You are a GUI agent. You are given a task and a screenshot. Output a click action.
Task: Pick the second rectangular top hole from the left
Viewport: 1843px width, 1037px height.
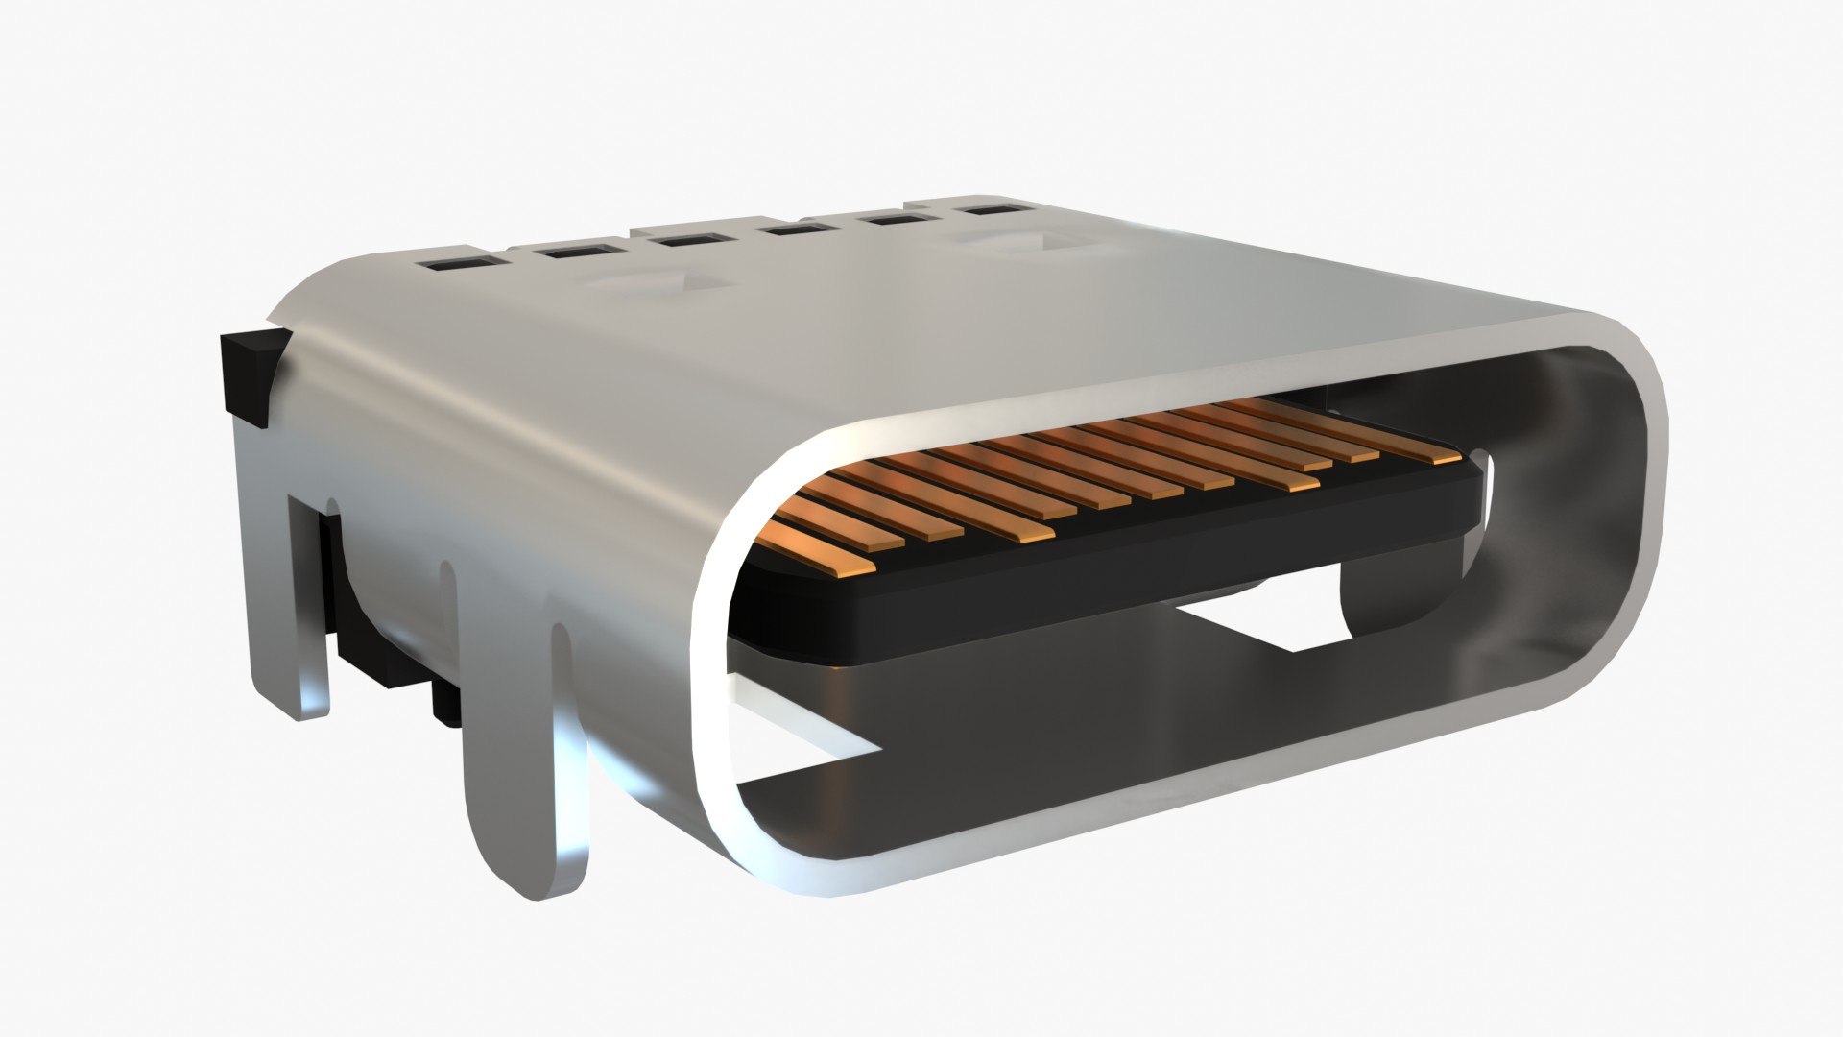[x=571, y=253]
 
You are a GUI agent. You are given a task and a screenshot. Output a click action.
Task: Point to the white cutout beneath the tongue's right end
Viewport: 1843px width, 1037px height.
[x=1267, y=615]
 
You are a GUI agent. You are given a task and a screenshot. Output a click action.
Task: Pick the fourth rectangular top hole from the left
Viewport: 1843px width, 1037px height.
[x=791, y=229]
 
